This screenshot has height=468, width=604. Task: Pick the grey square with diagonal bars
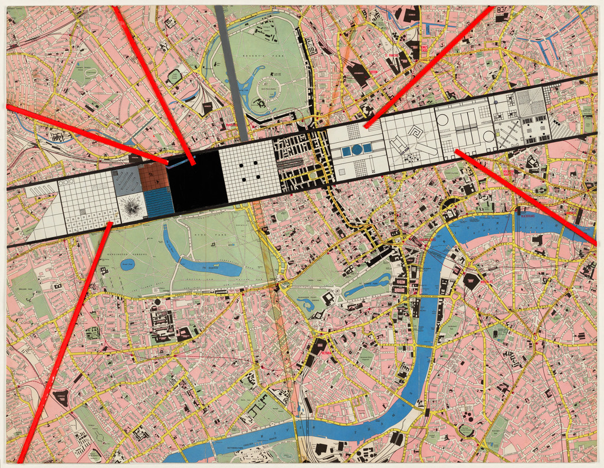pos(126,180)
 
